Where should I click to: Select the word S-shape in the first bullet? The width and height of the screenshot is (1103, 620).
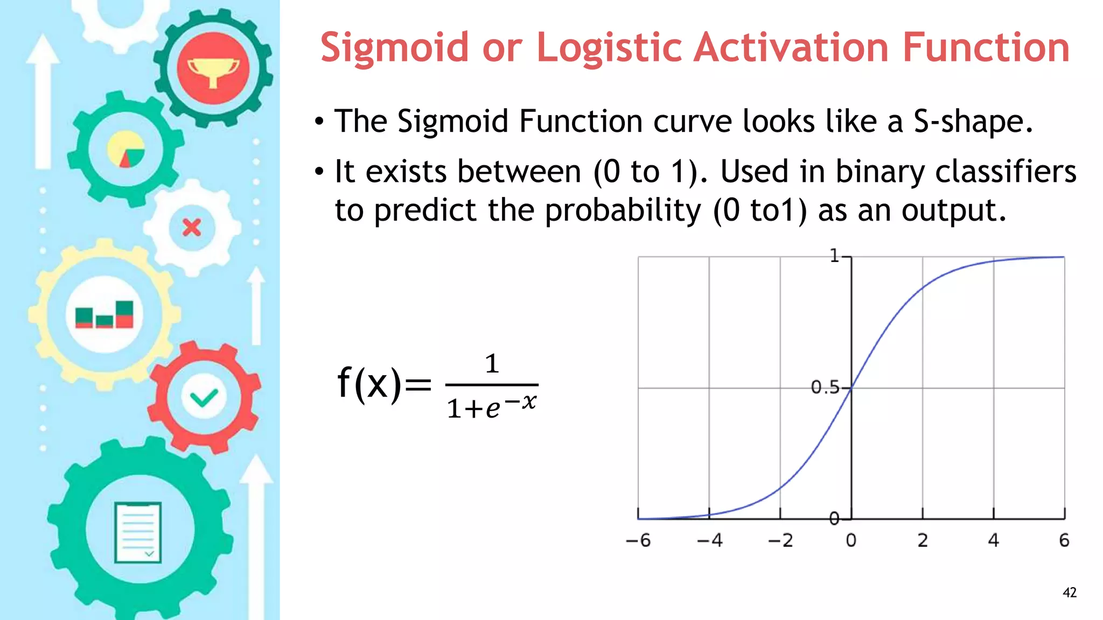click(973, 122)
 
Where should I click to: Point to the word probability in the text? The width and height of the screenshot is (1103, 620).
click(623, 210)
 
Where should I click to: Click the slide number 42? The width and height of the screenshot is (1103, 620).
click(1069, 593)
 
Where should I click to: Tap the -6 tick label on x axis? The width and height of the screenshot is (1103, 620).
click(638, 540)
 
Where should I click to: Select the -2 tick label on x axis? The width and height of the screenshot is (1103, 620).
click(780, 540)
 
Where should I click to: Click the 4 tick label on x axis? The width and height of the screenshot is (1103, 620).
click(993, 540)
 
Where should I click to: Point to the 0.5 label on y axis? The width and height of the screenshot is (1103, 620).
click(825, 387)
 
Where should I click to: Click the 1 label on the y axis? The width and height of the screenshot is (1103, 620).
click(834, 256)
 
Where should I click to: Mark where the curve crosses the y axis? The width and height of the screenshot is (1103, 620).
click(851, 387)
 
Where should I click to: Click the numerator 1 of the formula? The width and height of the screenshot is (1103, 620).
click(491, 364)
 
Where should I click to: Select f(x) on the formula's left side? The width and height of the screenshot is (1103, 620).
click(369, 383)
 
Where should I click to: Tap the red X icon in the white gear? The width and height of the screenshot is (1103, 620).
click(192, 228)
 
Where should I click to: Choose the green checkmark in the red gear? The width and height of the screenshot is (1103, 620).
click(204, 398)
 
